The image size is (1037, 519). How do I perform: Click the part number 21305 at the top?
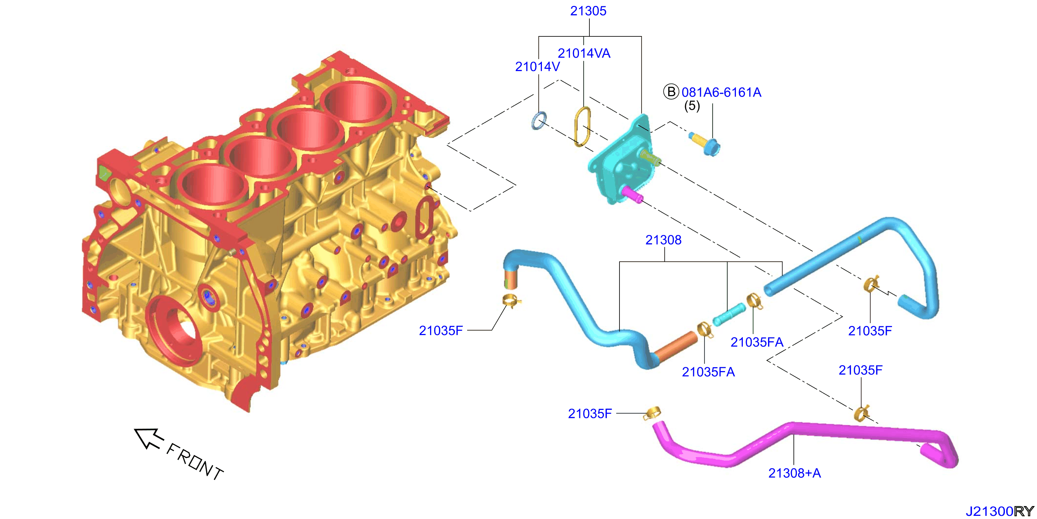tap(588, 11)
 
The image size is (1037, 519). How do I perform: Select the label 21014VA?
tap(584, 53)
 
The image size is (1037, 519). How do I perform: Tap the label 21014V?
tap(537, 66)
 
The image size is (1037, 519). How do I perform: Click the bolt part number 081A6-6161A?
tap(721, 92)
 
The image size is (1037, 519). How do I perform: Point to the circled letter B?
tap(671, 92)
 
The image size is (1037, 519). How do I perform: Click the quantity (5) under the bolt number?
tap(692, 106)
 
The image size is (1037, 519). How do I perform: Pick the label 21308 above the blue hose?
tap(663, 240)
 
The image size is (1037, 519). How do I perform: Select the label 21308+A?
tap(794, 473)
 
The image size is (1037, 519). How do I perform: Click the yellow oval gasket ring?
tap(582, 127)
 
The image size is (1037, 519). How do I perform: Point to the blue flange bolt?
tap(704, 144)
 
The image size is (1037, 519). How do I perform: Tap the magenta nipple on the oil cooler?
tap(632, 194)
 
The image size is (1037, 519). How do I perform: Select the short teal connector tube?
tap(728, 314)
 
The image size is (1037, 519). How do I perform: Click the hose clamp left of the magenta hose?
tap(652, 413)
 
